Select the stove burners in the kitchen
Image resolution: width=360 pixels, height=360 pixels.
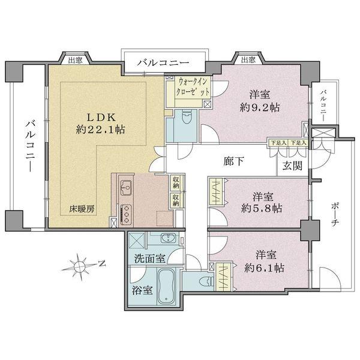coord(127,212)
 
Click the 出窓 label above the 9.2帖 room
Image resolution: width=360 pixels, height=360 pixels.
coord(248,59)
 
